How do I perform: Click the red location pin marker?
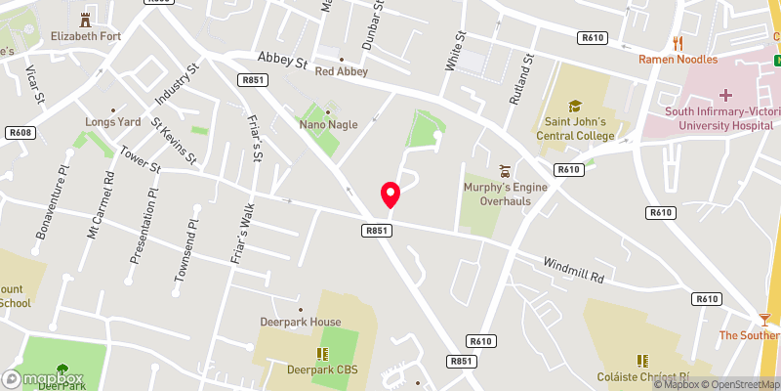pos(390,194)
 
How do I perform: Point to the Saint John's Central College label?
pos(576,128)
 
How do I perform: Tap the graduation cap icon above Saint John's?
pos(576,105)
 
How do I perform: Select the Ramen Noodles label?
pos(678,60)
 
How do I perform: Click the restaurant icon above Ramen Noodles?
pos(678,43)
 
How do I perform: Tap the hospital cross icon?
pos(725,96)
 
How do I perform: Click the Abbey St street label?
pos(283,61)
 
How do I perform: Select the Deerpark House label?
pos(301,322)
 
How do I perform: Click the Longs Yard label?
pos(114,122)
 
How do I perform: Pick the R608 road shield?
pos(19,132)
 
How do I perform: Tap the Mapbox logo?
pos(43,378)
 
